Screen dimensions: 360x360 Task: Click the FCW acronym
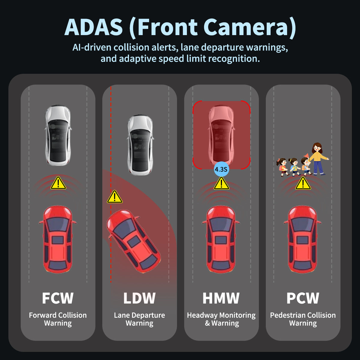pos(58,298)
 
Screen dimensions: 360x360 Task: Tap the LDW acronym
pos(139,298)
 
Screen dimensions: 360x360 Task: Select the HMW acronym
pos(221,298)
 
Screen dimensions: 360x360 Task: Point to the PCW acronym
pos(303,298)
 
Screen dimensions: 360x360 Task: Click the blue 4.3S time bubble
pos(221,169)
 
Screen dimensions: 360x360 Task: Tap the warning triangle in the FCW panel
pos(58,183)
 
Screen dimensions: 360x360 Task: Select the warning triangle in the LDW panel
pos(114,197)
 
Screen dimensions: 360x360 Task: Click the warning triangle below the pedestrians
pos(303,184)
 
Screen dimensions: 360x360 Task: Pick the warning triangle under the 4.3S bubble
pos(221,184)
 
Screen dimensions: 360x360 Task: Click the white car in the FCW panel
pos(58,135)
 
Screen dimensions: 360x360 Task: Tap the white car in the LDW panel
pos(140,145)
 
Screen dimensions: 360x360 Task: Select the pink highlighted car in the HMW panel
pos(221,135)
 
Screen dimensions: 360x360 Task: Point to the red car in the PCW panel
pos(302,239)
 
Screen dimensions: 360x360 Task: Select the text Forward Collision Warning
pos(58,319)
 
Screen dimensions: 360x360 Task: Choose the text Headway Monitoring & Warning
pos(221,319)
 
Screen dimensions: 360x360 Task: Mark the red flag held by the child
pos(306,155)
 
